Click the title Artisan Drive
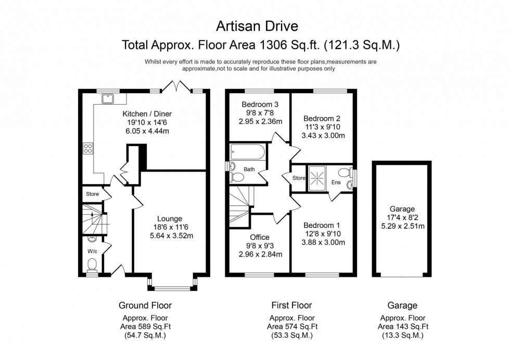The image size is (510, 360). (257, 26)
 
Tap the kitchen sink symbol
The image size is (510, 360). (107, 98)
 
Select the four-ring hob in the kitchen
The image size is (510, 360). (88, 149)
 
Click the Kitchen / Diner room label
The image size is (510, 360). (147, 114)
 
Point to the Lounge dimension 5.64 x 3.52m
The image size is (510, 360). (171, 236)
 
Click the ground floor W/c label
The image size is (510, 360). (93, 251)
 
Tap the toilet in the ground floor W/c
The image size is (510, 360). (93, 265)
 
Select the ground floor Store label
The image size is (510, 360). (93, 194)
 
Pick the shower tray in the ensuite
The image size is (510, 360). (317, 178)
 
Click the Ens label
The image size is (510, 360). (336, 183)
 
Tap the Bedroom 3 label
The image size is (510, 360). (260, 105)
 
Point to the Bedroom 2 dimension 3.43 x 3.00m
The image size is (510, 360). (323, 136)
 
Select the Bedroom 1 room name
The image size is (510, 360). (322, 225)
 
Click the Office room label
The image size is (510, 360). (260, 237)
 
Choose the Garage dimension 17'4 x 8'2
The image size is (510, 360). (403, 217)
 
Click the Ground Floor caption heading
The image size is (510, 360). (145, 305)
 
